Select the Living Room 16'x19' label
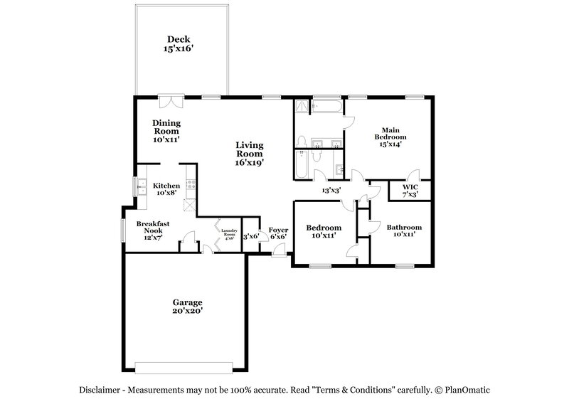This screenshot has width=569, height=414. pos(250,153)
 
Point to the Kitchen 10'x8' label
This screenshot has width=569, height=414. pos(166,189)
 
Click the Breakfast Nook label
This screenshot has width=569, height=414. pos(149,230)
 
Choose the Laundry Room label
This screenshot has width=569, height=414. pos(228,233)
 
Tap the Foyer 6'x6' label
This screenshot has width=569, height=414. pos(277,233)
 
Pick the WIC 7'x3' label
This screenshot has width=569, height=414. pos(410,190)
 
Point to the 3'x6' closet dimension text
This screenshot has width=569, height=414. pos(250,236)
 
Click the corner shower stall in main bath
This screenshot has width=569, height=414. pos(303,107)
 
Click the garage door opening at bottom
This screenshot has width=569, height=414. pos(185,367)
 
